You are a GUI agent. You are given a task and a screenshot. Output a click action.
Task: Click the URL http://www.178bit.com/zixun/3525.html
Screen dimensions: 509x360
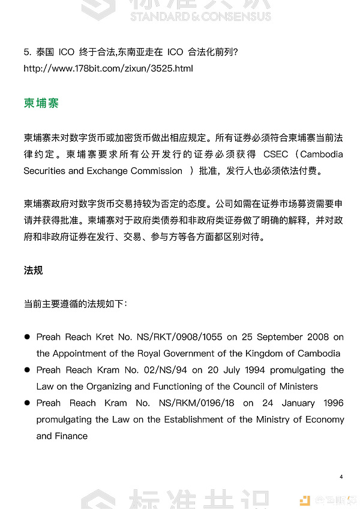(108, 68)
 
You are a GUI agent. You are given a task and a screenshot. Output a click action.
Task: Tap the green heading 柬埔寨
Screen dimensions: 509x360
(41, 103)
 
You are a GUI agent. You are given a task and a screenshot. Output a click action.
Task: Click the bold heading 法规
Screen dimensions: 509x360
(33, 271)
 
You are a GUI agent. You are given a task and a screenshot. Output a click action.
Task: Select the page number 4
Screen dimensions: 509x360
(341, 477)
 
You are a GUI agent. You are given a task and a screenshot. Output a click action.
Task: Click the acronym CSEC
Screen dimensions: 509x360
(275, 154)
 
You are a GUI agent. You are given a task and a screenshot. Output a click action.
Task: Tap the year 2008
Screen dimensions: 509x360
(317, 337)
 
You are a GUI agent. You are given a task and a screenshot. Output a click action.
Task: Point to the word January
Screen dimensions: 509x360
(291, 403)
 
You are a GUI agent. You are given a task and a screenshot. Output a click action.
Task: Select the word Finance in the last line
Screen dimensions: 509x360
(71, 436)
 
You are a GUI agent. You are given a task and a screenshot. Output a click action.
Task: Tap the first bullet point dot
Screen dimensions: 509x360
(27, 337)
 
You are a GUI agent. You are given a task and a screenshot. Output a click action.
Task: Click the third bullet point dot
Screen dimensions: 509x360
(27, 403)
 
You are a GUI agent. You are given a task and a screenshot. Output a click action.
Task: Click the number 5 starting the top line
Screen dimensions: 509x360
(26, 52)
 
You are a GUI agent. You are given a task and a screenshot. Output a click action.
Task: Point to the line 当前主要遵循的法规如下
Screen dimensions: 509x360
(75, 304)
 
